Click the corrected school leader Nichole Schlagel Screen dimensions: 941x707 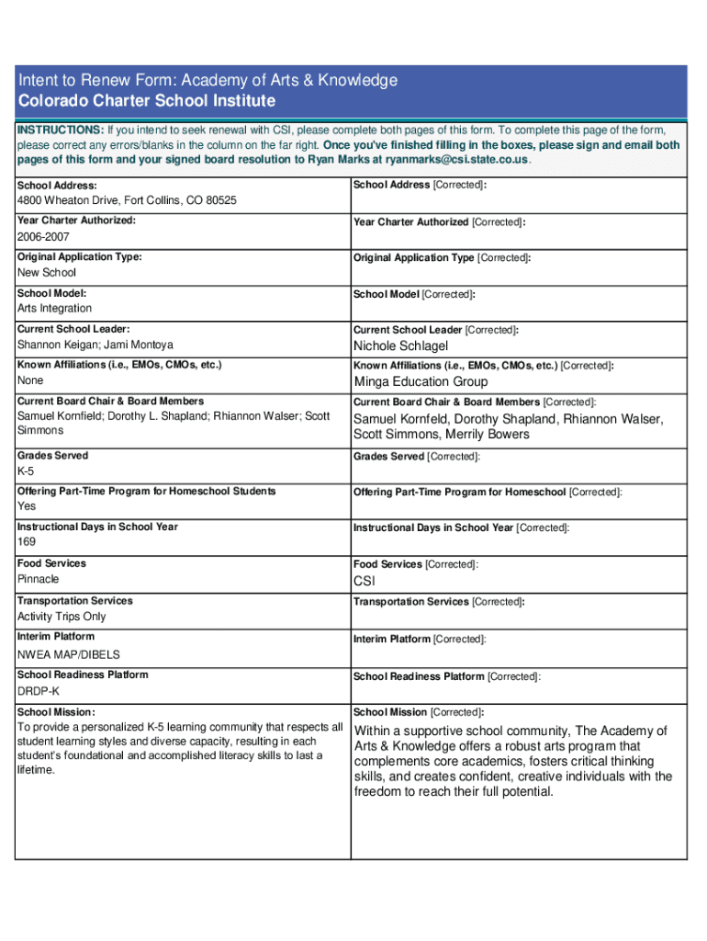(x=401, y=346)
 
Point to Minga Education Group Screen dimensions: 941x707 (x=421, y=381)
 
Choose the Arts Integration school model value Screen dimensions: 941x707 (x=54, y=308)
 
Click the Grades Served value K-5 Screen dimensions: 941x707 (x=26, y=471)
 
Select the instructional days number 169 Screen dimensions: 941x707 (x=27, y=542)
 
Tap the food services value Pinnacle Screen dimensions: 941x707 (x=39, y=579)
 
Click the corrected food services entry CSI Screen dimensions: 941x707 (x=365, y=582)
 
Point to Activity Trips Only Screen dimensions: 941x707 (x=62, y=617)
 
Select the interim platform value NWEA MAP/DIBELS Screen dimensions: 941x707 (x=69, y=654)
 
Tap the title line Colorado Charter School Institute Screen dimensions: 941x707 (x=147, y=100)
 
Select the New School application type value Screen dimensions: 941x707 (x=47, y=273)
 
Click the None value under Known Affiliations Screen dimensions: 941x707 (x=30, y=380)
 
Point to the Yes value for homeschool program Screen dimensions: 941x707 (x=28, y=506)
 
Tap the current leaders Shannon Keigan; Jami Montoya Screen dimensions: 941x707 (x=95, y=345)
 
